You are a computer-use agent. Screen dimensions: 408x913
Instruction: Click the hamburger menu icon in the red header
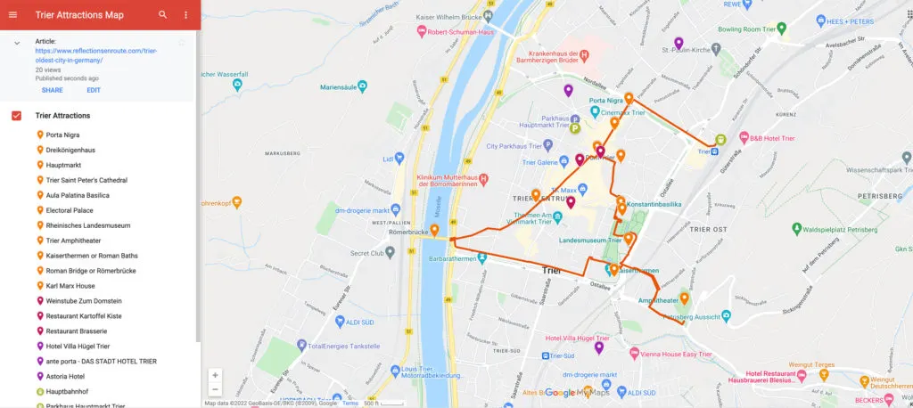(x=12, y=14)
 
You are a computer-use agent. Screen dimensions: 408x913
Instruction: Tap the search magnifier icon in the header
(x=162, y=14)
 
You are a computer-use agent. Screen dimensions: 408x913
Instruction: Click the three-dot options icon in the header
(x=185, y=14)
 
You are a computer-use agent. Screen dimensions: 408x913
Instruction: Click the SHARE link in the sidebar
(x=52, y=90)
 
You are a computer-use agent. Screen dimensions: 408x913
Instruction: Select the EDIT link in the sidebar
(x=94, y=90)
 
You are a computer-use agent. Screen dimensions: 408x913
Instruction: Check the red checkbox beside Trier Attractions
(x=16, y=116)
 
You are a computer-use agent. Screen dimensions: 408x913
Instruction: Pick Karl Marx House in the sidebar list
(x=70, y=286)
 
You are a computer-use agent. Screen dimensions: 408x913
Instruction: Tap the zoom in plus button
(x=215, y=375)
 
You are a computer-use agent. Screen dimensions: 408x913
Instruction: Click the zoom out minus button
(x=215, y=389)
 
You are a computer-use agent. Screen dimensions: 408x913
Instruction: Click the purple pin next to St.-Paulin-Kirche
(x=679, y=43)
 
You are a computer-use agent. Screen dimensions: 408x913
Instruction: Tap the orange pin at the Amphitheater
(x=684, y=299)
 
